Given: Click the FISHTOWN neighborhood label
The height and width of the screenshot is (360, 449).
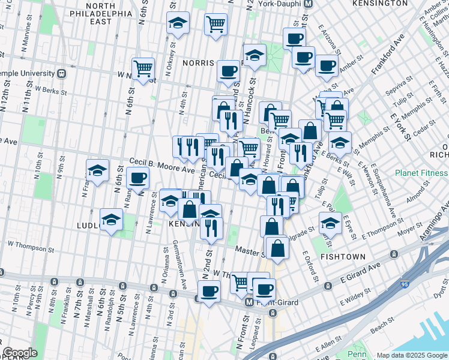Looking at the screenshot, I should [341, 256].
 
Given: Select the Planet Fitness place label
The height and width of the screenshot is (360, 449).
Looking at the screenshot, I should [421, 173].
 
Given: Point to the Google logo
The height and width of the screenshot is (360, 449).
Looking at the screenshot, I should [20, 353].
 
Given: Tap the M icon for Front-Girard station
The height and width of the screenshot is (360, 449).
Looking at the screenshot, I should [249, 303].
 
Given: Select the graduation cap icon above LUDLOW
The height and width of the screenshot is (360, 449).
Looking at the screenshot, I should [111, 220].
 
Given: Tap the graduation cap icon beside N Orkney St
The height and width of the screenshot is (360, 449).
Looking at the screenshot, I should [178, 23].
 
